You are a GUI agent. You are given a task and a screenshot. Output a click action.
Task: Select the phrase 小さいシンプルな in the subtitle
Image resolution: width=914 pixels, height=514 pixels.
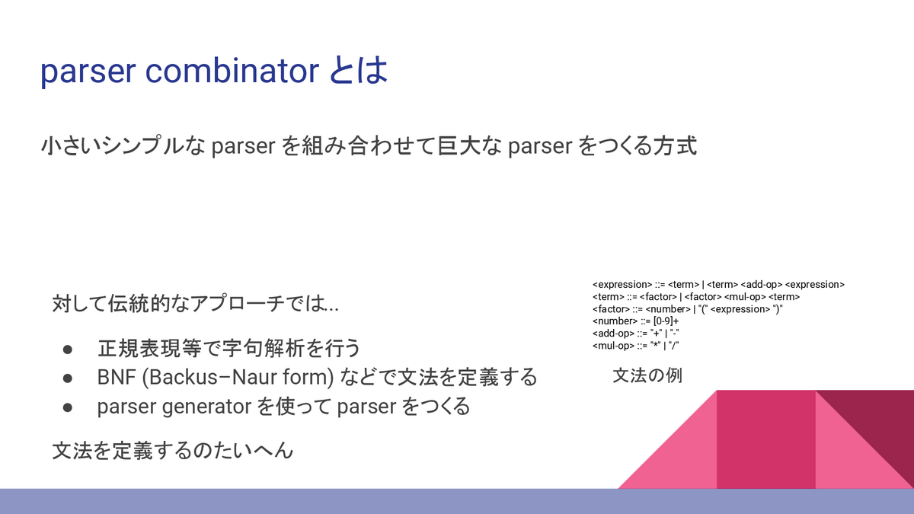[x=119, y=145]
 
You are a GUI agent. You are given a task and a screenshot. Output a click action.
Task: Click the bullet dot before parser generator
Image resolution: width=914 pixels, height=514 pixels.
[x=67, y=407]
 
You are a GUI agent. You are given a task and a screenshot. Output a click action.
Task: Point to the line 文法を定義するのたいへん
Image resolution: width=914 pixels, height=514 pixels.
[x=172, y=450]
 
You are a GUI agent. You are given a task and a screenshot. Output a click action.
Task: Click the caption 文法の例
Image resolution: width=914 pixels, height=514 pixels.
[x=647, y=375]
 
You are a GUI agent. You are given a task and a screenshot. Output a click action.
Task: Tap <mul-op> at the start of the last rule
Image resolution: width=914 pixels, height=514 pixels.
[x=613, y=346]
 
